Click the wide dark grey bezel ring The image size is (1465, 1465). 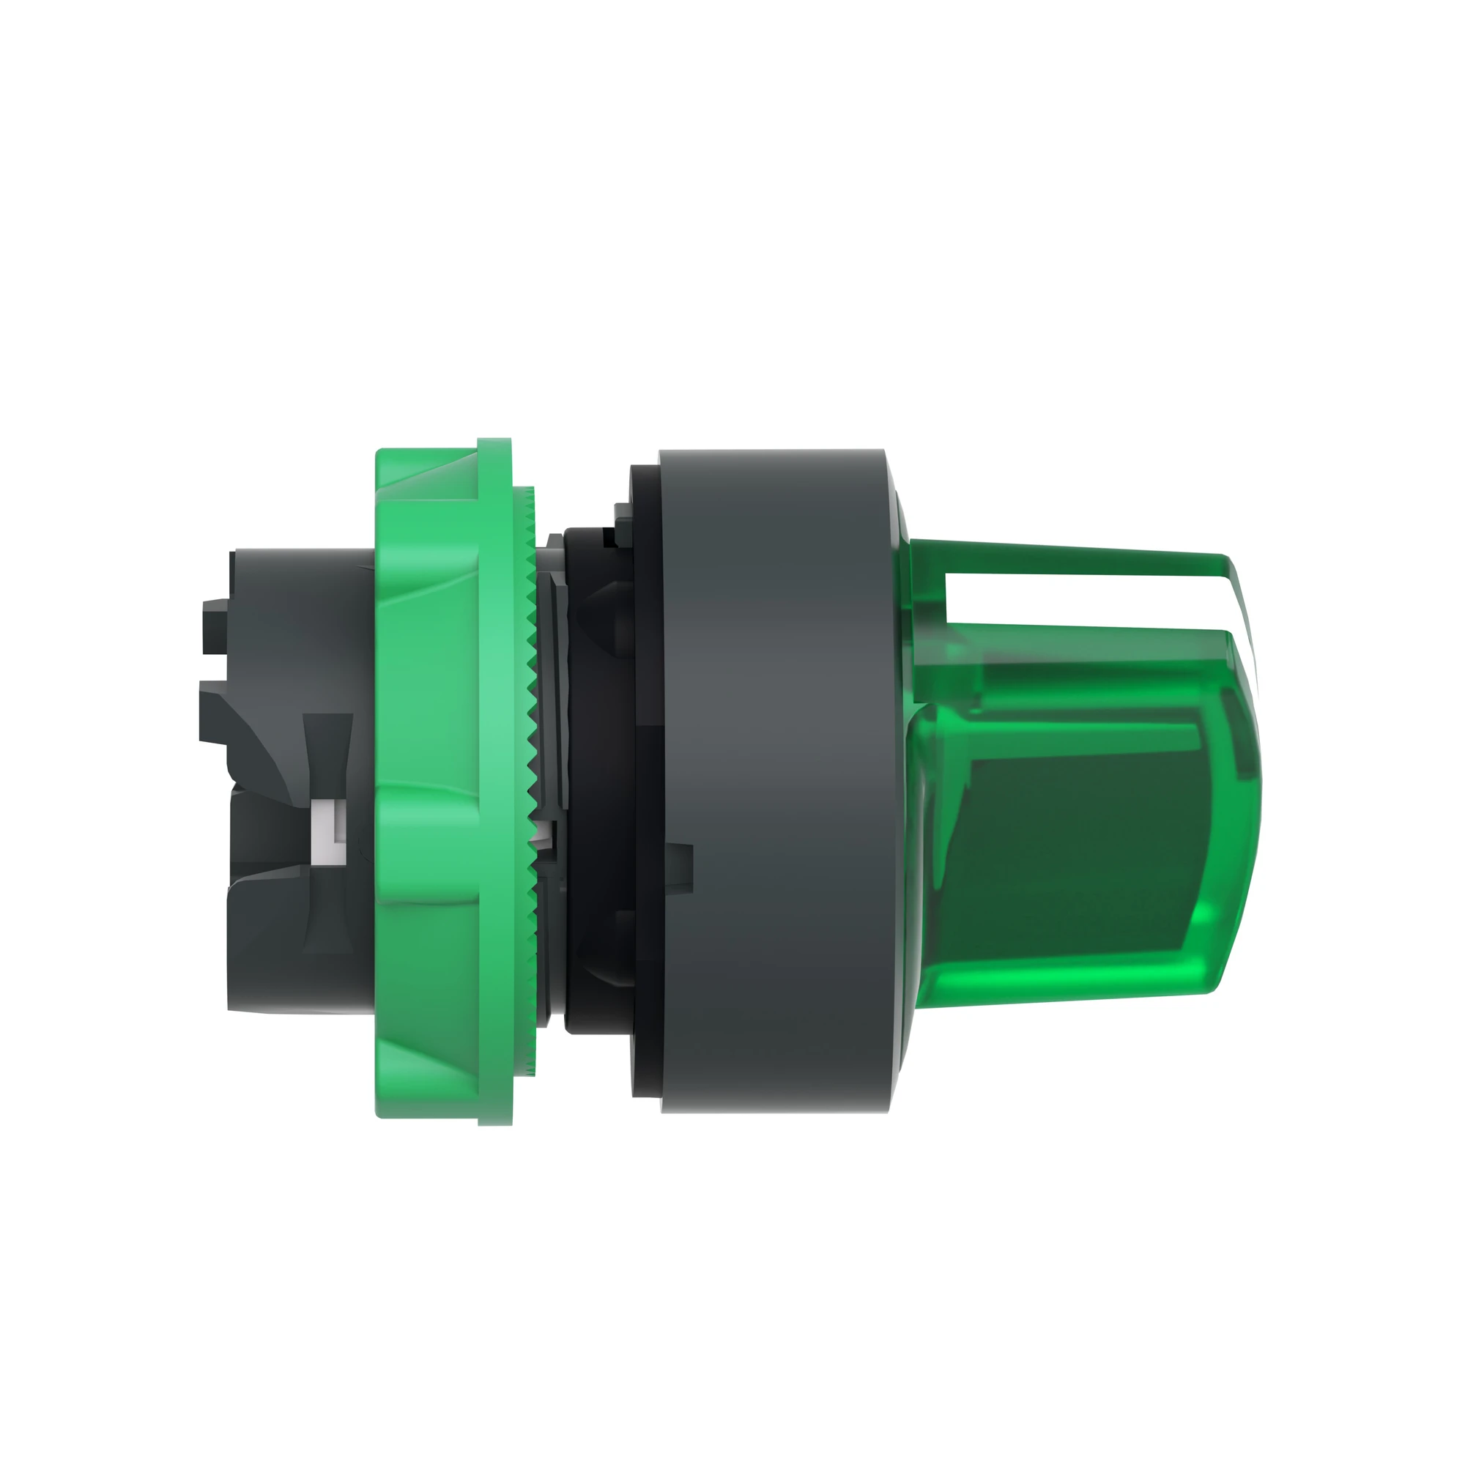pos(774,781)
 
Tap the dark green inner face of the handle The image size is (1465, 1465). pos(1077,849)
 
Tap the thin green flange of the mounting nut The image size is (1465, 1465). pos(495,781)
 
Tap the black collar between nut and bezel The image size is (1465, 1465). pos(599,781)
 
